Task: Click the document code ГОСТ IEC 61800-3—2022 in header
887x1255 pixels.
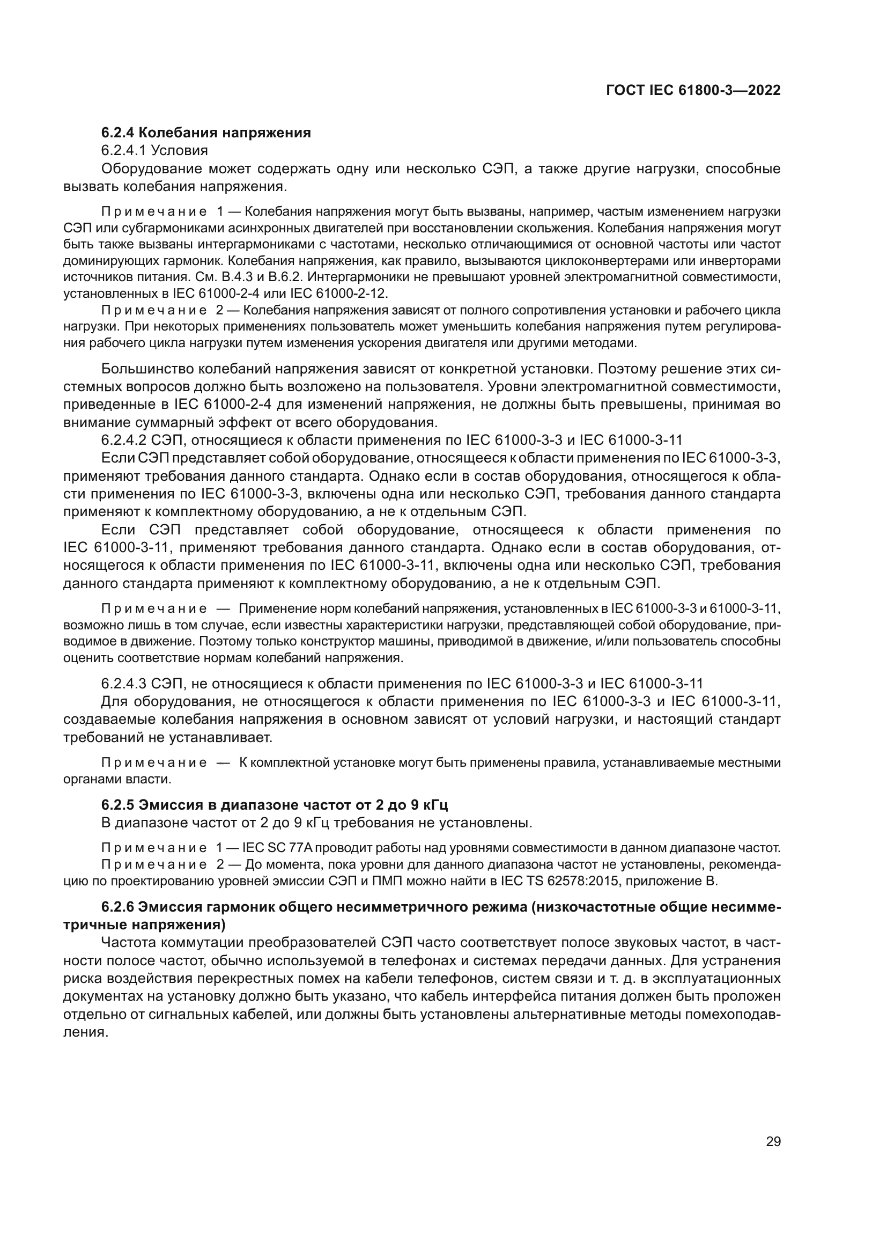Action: (693, 91)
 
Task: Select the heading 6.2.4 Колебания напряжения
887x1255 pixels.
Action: (206, 133)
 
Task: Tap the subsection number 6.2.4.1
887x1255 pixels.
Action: (124, 150)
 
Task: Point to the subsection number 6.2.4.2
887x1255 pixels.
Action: (124, 440)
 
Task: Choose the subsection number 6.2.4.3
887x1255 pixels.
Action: (124, 684)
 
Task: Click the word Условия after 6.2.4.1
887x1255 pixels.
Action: (179, 150)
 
